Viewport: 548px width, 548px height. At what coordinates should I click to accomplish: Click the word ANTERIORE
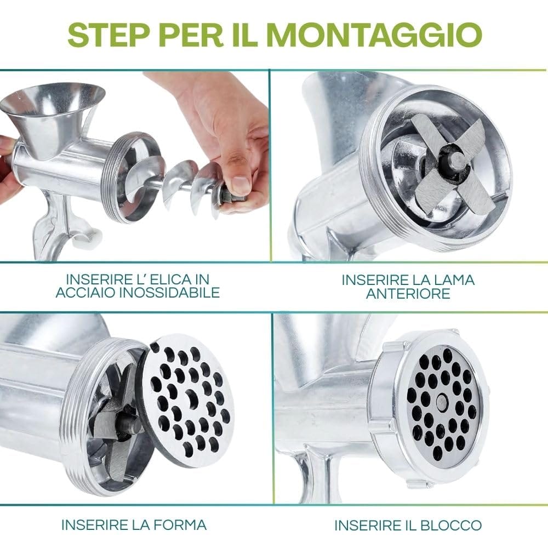click(x=408, y=293)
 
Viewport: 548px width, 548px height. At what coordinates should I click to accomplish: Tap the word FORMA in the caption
click(x=180, y=525)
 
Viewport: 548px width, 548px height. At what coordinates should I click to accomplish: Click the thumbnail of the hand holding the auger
click(x=135, y=166)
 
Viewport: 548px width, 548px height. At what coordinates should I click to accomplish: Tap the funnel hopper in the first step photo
click(x=53, y=115)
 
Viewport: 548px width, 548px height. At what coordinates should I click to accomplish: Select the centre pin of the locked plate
click(x=442, y=398)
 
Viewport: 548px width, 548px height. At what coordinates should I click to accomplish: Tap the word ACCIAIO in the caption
click(x=85, y=293)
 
